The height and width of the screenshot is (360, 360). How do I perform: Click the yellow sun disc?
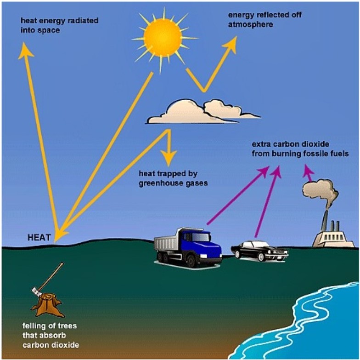click(x=163, y=38)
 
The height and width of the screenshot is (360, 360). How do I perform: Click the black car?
click(x=260, y=251)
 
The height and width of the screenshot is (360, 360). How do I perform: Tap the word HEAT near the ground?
click(x=39, y=237)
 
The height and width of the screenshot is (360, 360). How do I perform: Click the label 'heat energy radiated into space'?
click(x=59, y=25)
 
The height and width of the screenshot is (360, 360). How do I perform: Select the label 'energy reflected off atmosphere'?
click(x=264, y=20)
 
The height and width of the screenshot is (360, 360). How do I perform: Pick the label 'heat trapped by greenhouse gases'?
click(x=173, y=178)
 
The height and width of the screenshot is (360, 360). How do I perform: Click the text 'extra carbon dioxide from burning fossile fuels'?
click(x=300, y=149)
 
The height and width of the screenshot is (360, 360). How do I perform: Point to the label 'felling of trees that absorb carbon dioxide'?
click(x=51, y=335)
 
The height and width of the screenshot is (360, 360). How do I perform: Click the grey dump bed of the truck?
click(x=166, y=244)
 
